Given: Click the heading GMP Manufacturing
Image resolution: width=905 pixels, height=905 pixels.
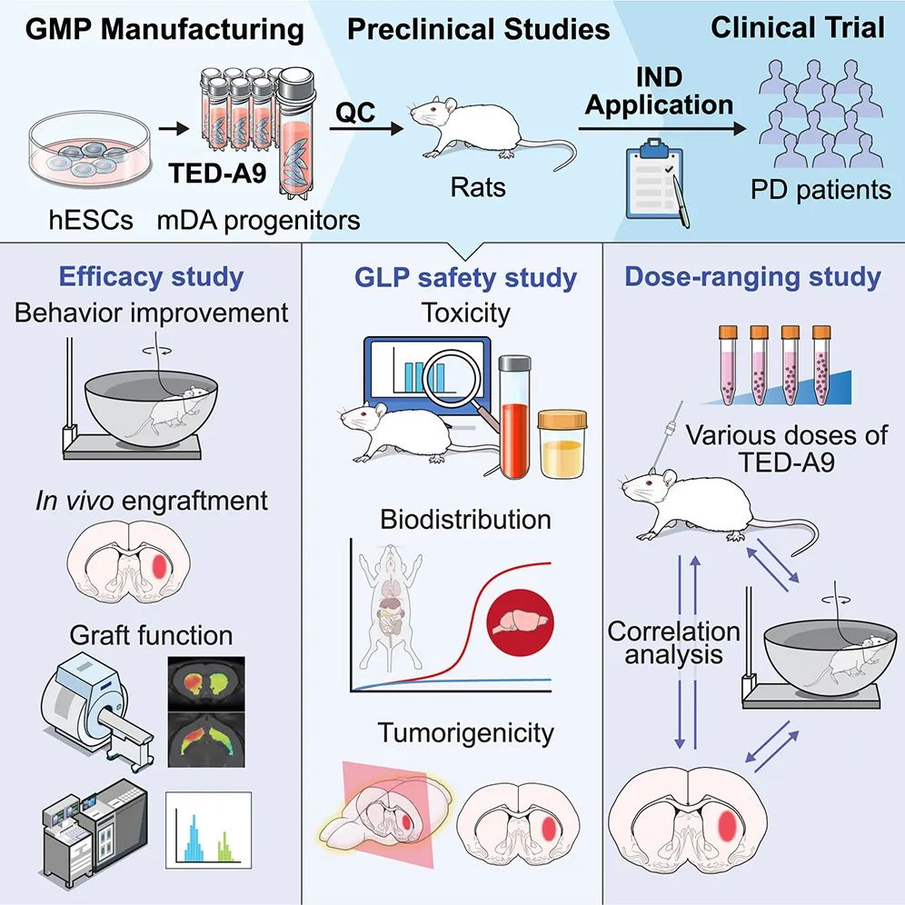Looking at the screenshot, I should (164, 29).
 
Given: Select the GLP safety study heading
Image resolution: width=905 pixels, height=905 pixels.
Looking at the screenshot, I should (466, 276).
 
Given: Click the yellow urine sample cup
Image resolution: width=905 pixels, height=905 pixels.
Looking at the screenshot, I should (563, 445).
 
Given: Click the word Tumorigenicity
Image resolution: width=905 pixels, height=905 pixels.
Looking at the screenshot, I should (466, 731).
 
